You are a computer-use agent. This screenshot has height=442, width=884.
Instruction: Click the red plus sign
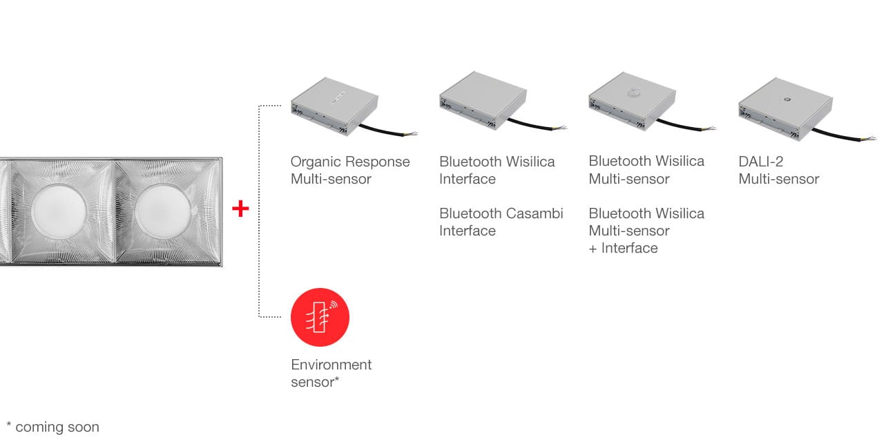pyautogui.click(x=240, y=209)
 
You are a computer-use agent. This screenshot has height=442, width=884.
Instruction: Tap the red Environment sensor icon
pyautogui.click(x=320, y=317)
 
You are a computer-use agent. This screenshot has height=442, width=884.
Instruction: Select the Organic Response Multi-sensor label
pyautogui.click(x=350, y=170)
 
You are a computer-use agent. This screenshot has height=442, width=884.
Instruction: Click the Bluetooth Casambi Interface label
pyautogui.click(x=501, y=222)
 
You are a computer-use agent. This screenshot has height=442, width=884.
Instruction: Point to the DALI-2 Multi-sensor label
pyautogui.click(x=778, y=170)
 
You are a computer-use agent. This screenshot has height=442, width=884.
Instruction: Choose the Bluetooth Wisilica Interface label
pyautogui.click(x=497, y=170)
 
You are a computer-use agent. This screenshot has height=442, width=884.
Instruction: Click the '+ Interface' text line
pyautogui.click(x=623, y=248)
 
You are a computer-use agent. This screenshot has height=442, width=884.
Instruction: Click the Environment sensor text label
pyautogui.click(x=331, y=373)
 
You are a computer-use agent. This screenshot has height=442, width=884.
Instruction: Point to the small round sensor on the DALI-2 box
pyautogui.click(x=786, y=98)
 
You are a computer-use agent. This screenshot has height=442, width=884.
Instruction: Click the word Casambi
pyautogui.click(x=530, y=213)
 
